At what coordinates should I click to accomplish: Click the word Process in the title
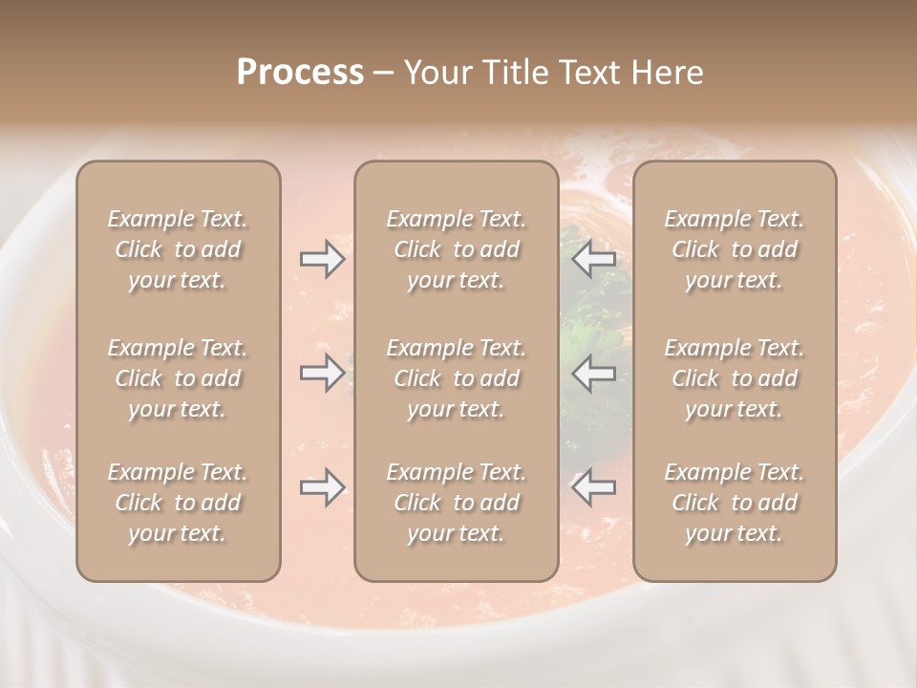click(300, 73)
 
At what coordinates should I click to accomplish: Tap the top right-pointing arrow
click(322, 259)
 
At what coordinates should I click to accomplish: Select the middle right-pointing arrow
click(322, 373)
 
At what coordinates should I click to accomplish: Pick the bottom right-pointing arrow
click(322, 487)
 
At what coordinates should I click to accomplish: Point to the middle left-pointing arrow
click(594, 373)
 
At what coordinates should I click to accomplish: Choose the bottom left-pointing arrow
click(594, 487)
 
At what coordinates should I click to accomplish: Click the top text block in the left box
click(178, 249)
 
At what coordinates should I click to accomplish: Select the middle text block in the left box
click(178, 378)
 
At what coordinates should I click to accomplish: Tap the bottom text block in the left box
click(178, 503)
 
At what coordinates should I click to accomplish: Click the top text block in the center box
click(457, 249)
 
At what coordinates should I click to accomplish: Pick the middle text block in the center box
click(457, 378)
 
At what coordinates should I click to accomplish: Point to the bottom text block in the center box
click(457, 503)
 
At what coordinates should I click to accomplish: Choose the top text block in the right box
click(735, 249)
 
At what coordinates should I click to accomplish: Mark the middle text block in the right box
click(735, 378)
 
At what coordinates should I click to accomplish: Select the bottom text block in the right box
click(735, 503)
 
